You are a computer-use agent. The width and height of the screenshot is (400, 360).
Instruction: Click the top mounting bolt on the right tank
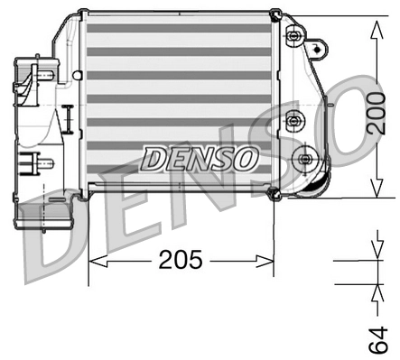tap(293, 37)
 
